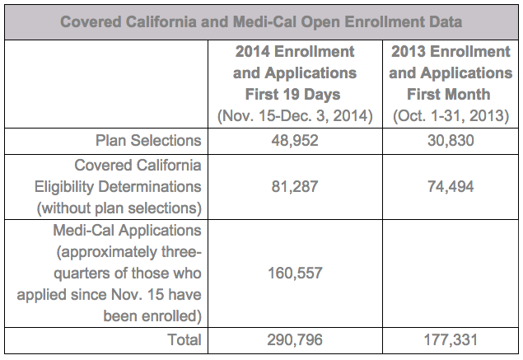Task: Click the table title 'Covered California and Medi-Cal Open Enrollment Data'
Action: pyautogui.click(x=261, y=22)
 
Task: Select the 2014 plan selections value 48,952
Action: pyautogui.click(x=295, y=141)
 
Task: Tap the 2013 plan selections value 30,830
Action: pyautogui.click(x=451, y=141)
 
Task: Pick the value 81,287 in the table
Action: pyautogui.click(x=295, y=186)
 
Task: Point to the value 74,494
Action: pyautogui.click(x=451, y=186)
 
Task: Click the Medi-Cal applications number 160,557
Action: pyautogui.click(x=295, y=273)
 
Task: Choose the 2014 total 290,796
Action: pyautogui.click(x=295, y=340)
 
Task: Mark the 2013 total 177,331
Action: pyautogui.click(x=451, y=340)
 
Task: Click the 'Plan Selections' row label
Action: pyautogui.click(x=148, y=141)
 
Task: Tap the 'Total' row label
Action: pyautogui.click(x=184, y=340)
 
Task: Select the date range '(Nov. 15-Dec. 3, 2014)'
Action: pyautogui.click(x=295, y=116)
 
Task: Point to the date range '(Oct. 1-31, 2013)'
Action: pyautogui.click(x=451, y=116)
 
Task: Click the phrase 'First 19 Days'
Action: pyautogui.click(x=293, y=95)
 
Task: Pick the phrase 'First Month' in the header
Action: pyautogui.click(x=449, y=95)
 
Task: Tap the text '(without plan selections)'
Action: pyautogui.click(x=119, y=208)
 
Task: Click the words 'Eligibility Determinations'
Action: pyautogui.click(x=118, y=187)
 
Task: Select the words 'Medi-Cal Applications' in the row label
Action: pyautogui.click(x=127, y=231)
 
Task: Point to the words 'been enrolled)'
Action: pyautogui.click(x=152, y=316)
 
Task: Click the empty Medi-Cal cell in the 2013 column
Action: pyautogui.click(x=451, y=274)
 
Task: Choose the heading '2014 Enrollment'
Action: pyautogui.click(x=295, y=52)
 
